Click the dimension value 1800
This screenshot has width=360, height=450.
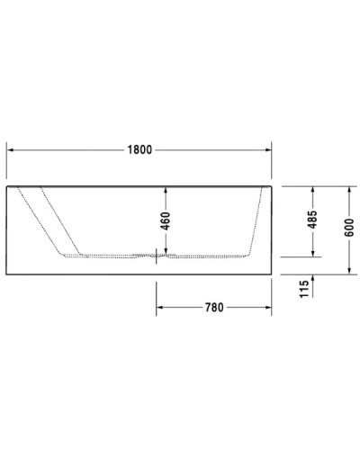[x=139, y=150]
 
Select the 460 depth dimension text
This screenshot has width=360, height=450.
[x=164, y=220]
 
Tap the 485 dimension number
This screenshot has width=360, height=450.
[x=311, y=220]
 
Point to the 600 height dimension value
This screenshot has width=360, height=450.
[x=348, y=229]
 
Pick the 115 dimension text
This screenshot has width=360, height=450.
[x=304, y=288]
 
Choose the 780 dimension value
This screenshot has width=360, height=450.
[x=214, y=308]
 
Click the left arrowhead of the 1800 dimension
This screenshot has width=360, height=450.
[x=11, y=150]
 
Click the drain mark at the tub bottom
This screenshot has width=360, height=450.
[x=157, y=256]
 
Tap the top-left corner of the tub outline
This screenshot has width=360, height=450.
[x=7, y=186]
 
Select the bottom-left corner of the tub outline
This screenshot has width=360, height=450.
[x=7, y=272]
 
